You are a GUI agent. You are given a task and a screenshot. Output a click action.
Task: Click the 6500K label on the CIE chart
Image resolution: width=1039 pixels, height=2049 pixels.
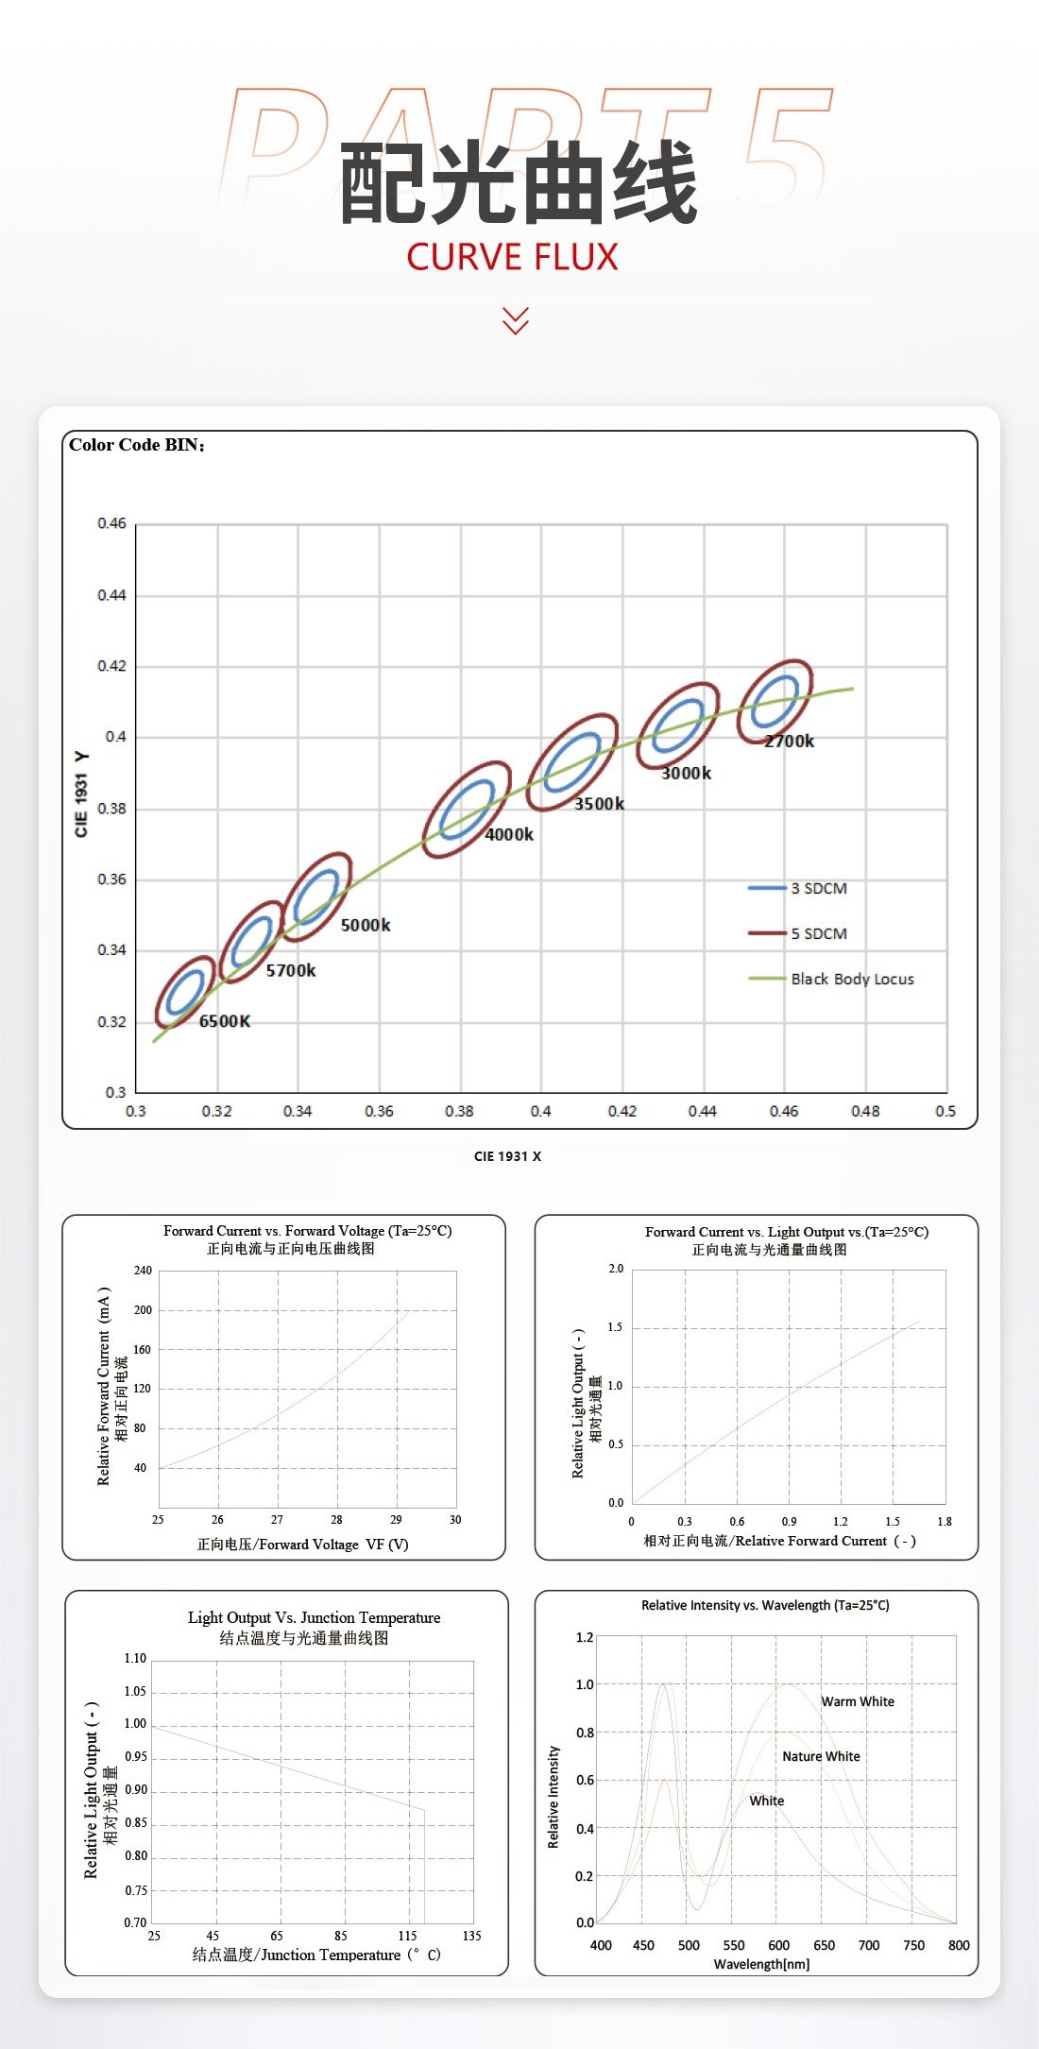coord(225,1021)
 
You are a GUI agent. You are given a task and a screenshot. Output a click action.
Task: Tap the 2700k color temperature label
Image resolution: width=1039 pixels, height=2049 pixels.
coord(789,742)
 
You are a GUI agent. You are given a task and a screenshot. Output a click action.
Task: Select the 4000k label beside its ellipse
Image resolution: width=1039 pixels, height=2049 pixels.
coord(509,835)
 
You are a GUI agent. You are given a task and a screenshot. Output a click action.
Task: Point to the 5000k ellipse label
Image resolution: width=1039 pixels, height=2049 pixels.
coord(366,926)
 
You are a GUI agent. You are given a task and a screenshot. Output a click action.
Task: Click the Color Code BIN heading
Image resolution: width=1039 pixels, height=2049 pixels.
coord(137,446)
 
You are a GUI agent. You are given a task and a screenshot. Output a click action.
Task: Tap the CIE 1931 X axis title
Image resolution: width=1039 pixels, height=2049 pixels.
coord(507,1156)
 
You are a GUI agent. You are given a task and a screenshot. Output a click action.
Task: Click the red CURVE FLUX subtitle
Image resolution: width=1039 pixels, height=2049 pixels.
coord(512,257)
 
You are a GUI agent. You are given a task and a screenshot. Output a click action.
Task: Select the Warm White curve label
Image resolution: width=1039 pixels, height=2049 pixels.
coord(857,1701)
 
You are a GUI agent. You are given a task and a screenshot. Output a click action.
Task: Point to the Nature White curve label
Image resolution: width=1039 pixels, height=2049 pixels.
coord(821,1756)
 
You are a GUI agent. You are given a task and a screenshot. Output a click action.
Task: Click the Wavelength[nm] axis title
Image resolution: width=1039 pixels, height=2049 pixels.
coord(761,1964)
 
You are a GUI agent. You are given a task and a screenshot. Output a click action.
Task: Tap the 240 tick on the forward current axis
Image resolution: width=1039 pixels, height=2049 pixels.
coord(143,1271)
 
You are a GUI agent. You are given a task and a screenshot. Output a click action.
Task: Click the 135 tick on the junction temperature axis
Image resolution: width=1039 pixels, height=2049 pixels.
coord(471,1936)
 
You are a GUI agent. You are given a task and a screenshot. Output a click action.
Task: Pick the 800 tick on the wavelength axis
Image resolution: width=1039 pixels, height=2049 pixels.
coord(958,1945)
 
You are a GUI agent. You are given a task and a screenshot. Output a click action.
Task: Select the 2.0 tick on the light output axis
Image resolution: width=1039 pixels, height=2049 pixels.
coord(616,1269)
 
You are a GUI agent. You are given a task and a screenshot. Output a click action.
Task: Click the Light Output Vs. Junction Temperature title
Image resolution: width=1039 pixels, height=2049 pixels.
coord(314,1617)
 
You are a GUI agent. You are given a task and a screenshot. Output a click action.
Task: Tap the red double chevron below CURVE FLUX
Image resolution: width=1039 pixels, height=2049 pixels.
coord(516,320)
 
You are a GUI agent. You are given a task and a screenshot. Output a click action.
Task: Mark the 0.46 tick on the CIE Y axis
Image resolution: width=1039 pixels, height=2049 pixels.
coord(111,523)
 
